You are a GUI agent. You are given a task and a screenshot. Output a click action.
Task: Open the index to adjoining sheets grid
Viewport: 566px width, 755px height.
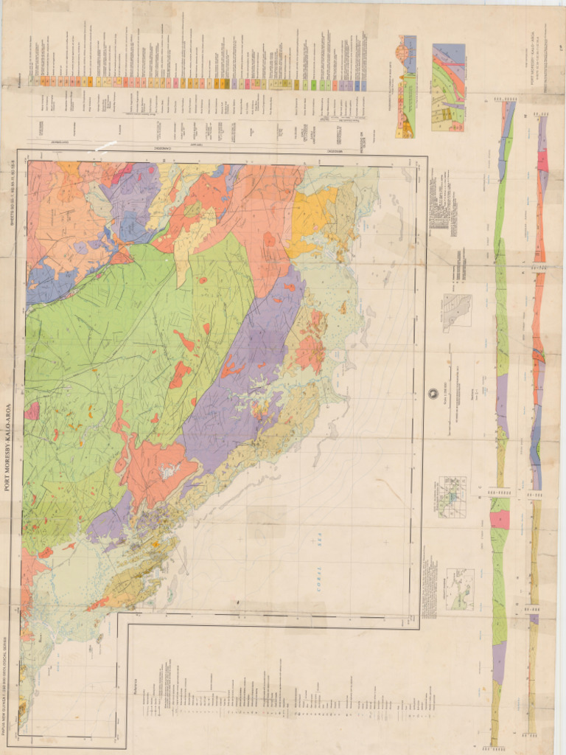click(451, 496)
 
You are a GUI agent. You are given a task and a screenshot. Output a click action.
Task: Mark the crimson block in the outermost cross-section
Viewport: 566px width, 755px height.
click(543, 161)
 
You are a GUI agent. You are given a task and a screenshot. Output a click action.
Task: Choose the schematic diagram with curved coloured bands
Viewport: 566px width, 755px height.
click(448, 87)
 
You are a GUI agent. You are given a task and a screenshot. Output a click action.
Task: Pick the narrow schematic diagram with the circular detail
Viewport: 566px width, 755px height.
click(406, 87)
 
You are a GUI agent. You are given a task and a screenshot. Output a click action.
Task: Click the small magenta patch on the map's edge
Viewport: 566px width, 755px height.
click(31, 411)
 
